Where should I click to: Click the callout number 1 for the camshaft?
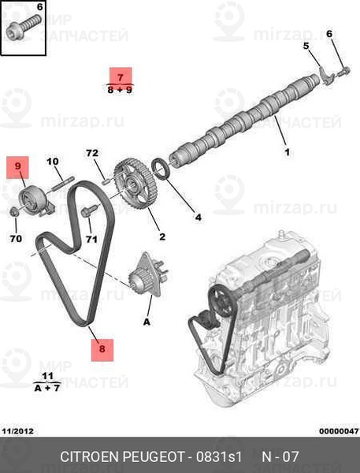[x=288, y=152]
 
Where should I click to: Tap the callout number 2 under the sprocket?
[x=162, y=236]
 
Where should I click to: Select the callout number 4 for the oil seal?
[x=198, y=217]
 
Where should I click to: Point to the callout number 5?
[x=306, y=46]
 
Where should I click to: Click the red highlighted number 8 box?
[x=102, y=350]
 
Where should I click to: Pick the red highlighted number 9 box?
[x=18, y=167]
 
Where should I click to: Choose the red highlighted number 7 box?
[x=121, y=76]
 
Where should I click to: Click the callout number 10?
[x=53, y=162]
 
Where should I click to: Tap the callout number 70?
[x=16, y=239]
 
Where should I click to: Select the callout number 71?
[x=91, y=240]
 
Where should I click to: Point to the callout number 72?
[x=92, y=153]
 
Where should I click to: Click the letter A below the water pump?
[x=147, y=322]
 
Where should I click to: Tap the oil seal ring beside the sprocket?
[x=163, y=168]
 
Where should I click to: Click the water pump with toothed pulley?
[x=148, y=275]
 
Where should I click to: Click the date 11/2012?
[x=18, y=431]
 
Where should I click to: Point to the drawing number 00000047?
[x=339, y=431]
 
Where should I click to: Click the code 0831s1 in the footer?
[x=219, y=456]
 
